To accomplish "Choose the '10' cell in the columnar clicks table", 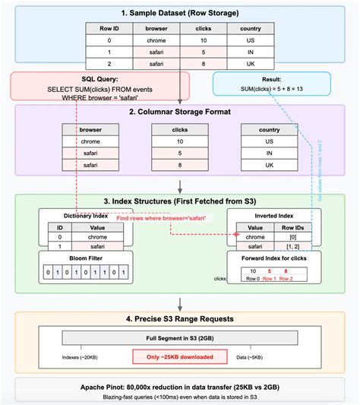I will (180, 141).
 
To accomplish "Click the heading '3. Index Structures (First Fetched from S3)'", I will (180, 201).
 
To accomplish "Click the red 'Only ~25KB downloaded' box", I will (180, 356).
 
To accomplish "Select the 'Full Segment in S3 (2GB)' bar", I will (180, 337).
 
